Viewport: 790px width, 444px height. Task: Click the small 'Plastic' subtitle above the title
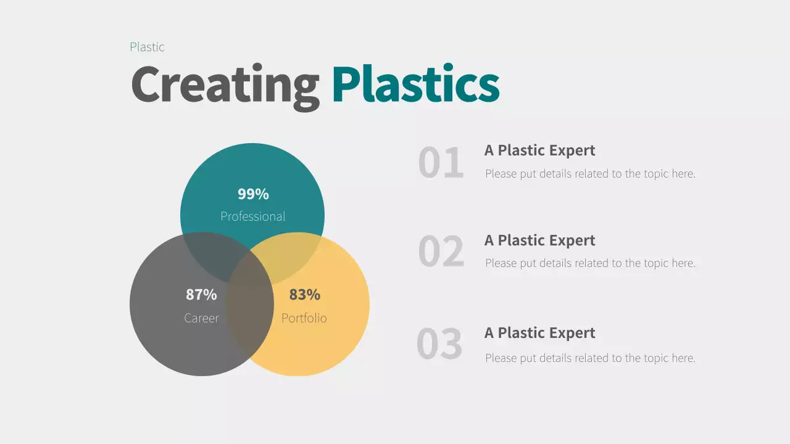[147, 47]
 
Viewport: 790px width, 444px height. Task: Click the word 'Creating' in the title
[225, 85]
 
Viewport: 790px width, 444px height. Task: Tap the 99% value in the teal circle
[253, 194]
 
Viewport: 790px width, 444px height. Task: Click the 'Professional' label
[252, 216]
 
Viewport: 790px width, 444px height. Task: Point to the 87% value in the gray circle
[201, 295]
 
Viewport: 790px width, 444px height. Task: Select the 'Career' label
[201, 318]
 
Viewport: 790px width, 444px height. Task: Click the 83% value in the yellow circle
[305, 295]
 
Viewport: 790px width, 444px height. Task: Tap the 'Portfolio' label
[304, 318]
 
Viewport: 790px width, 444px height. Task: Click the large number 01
[441, 163]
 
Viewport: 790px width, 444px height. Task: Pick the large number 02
[441, 252]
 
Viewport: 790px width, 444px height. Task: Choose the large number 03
[439, 344]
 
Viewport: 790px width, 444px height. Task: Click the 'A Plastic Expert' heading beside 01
[539, 150]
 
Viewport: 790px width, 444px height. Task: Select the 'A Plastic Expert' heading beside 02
[539, 240]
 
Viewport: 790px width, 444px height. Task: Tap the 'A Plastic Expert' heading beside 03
[539, 333]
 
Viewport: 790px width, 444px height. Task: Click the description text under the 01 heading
[590, 174]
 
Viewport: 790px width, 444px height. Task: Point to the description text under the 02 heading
[590, 263]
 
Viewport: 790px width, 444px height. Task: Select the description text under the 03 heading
[590, 358]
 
